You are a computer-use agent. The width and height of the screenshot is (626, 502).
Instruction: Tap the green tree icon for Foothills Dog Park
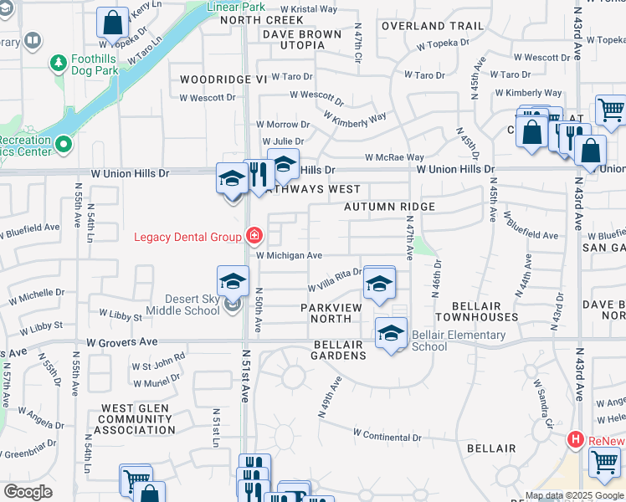point(59,63)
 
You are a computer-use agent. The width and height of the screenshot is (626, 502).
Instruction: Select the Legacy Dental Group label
point(187,237)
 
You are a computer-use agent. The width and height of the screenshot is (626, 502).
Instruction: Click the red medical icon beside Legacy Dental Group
point(252,237)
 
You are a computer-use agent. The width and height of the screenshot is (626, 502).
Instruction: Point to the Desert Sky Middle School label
point(182,305)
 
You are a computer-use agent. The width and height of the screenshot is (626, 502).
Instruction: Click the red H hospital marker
point(575,438)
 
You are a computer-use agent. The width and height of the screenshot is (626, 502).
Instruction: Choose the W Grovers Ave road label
point(122,342)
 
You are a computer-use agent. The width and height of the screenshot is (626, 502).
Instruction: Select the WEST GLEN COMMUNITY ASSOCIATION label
point(138,419)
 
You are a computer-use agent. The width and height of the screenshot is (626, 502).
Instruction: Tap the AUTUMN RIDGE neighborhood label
point(389,207)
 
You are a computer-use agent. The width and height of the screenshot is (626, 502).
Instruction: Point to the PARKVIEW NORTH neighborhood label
point(331,313)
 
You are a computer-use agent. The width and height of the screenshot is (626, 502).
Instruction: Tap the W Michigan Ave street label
point(289,255)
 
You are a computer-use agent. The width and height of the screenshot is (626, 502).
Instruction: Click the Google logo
point(28,492)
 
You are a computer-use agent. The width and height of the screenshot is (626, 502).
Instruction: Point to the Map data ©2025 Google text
point(573,495)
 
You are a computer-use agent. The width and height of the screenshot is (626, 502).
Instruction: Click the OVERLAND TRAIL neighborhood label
point(433,26)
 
